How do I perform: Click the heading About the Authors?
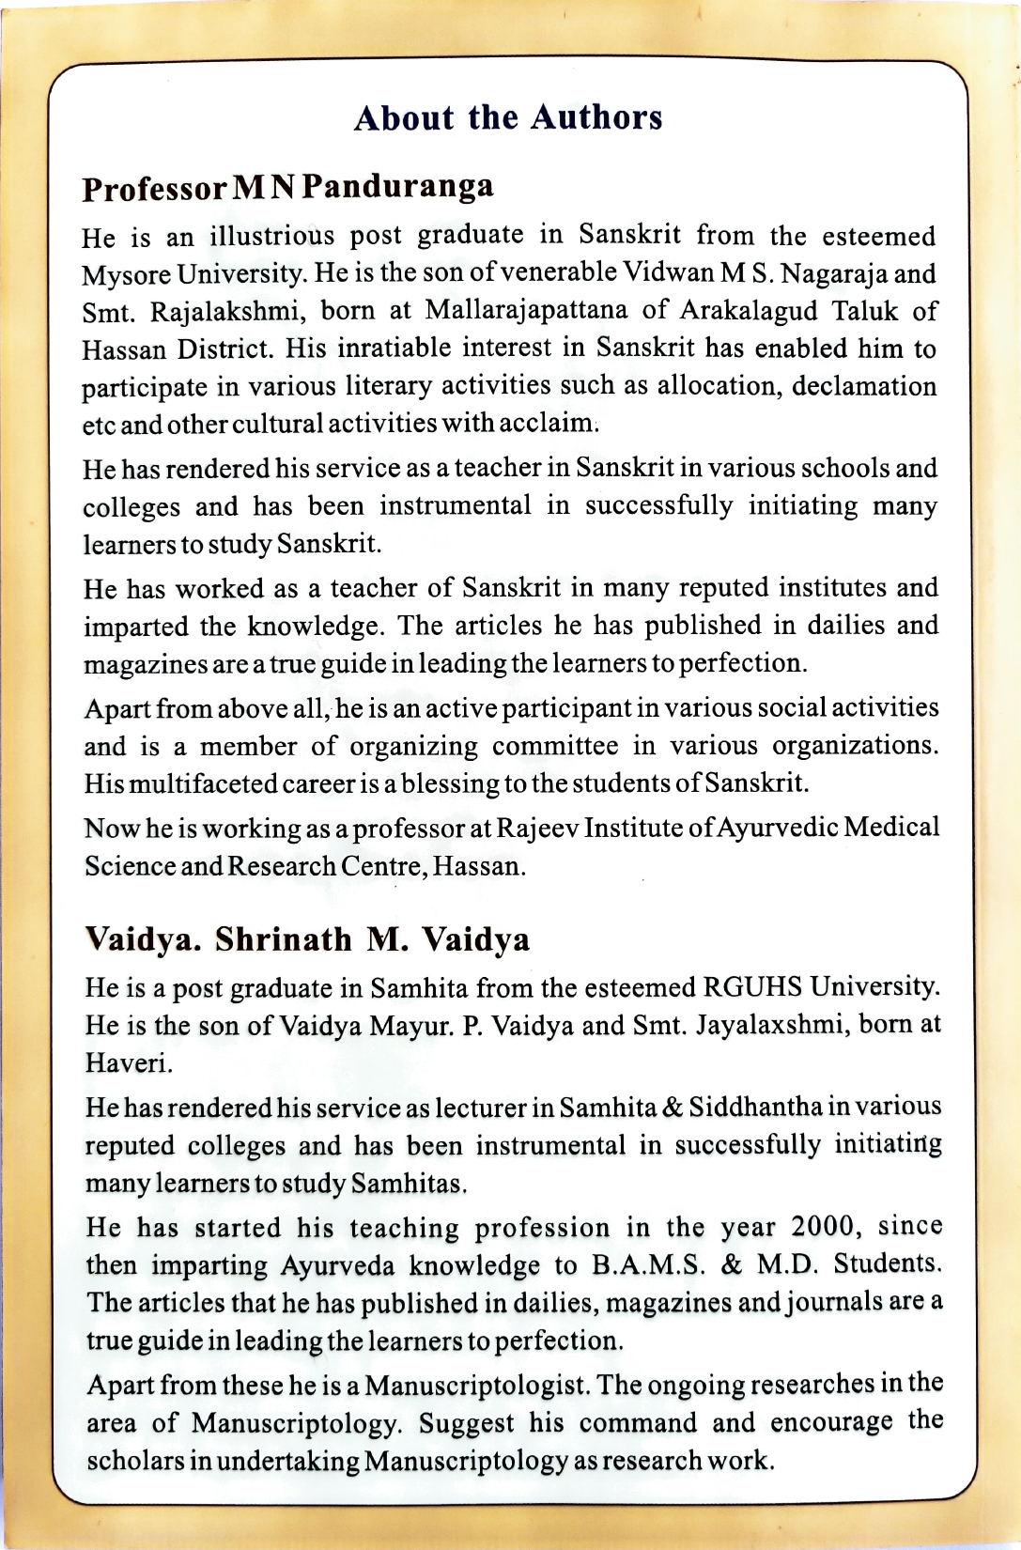click(508, 118)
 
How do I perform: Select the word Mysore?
click(126, 274)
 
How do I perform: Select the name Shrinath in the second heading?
click(284, 939)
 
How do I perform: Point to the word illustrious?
click(271, 236)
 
